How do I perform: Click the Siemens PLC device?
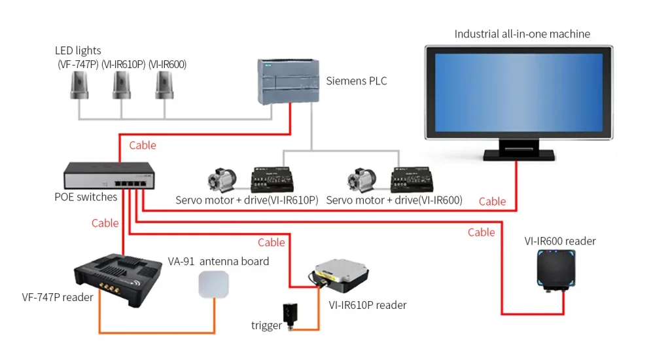pyautogui.click(x=288, y=81)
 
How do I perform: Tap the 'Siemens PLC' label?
pyautogui.click(x=357, y=81)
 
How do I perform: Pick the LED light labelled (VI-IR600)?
pyautogui.click(x=164, y=85)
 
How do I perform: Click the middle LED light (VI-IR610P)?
pyautogui.click(x=122, y=85)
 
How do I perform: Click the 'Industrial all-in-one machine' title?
pyautogui.click(x=522, y=34)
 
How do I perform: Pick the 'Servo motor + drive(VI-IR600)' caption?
pyautogui.click(x=394, y=200)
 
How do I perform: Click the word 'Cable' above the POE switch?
pyautogui.click(x=143, y=145)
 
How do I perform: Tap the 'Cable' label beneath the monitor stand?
pyautogui.click(x=492, y=202)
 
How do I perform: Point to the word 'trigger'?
pyautogui.click(x=266, y=325)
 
